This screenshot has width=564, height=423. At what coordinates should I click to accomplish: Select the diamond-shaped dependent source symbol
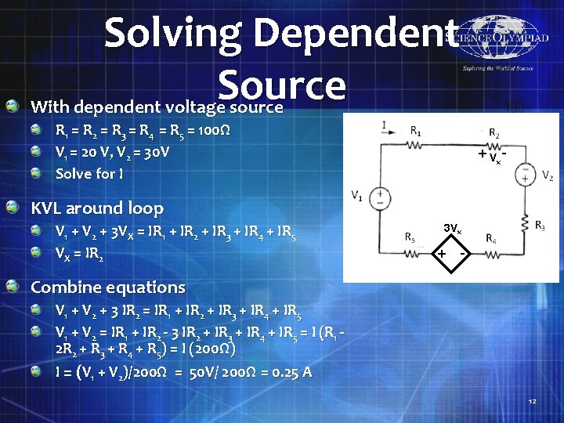click(x=452, y=253)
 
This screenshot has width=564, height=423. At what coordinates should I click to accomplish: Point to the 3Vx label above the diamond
click(x=453, y=229)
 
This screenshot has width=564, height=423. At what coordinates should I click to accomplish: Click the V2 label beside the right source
click(x=547, y=177)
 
